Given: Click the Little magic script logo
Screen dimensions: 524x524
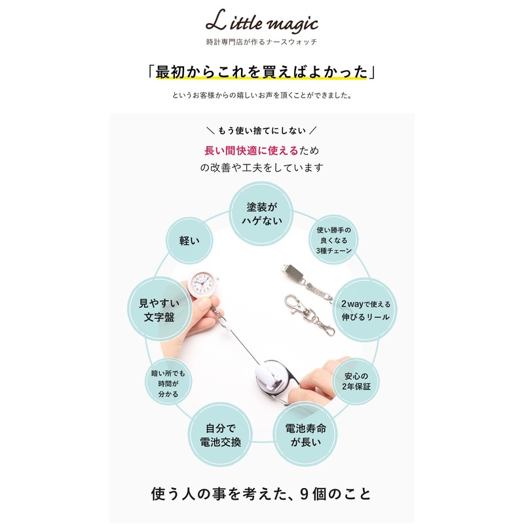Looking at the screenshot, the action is (x=261, y=22).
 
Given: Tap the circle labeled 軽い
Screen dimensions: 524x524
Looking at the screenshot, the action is (x=189, y=240).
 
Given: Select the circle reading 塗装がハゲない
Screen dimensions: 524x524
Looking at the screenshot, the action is (x=261, y=214).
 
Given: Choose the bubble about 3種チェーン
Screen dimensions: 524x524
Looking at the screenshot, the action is (x=333, y=240).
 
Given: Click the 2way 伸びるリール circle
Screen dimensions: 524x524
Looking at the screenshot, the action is (x=365, y=310).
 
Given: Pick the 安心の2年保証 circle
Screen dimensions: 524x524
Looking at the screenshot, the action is (x=356, y=382).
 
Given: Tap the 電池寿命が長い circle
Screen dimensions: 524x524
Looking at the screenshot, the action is (x=305, y=435).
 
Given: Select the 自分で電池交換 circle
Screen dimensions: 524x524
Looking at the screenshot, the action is (x=220, y=435).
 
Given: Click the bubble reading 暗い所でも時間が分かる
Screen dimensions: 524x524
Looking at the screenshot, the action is (x=168, y=382).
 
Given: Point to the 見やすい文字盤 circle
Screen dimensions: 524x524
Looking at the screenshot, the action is (x=159, y=310).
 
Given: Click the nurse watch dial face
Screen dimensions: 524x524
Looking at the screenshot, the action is (x=201, y=284).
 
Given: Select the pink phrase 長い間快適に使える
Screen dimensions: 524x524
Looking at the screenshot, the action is (x=252, y=151).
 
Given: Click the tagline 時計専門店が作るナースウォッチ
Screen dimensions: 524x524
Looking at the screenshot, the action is (x=261, y=42).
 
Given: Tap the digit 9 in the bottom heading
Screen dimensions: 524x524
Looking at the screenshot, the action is (x=303, y=494).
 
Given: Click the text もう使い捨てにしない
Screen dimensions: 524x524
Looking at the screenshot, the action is (x=261, y=130).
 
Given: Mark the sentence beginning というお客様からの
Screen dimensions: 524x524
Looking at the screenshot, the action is (x=261, y=95).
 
